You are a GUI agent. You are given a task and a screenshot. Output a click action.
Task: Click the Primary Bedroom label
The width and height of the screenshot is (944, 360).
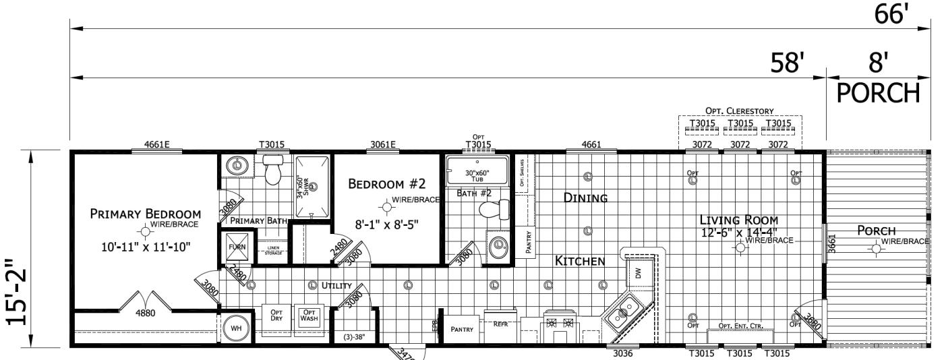[146, 214]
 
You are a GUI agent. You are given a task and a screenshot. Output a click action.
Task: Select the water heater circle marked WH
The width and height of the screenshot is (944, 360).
[236, 328]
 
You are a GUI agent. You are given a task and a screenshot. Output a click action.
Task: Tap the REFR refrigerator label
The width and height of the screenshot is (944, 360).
[500, 324]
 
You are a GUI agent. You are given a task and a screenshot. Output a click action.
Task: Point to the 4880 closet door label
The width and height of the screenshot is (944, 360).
[145, 313]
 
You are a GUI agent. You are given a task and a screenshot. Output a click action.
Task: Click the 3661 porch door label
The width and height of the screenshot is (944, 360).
[831, 243]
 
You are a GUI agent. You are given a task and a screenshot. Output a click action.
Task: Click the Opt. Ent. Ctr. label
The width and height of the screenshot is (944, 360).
[738, 326]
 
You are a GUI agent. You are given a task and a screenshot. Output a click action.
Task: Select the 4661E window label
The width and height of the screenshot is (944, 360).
[156, 143]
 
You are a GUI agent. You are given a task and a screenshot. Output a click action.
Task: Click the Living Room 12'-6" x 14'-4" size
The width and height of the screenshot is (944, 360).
[738, 233]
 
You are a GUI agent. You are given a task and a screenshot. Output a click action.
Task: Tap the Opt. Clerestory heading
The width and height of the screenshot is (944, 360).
[740, 110]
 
